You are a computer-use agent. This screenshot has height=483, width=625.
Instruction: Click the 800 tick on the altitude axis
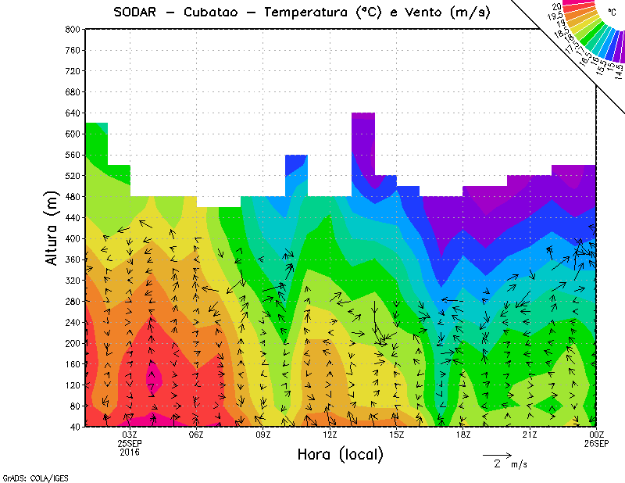click(72, 29)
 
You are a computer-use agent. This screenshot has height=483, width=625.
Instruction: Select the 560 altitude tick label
click(72, 155)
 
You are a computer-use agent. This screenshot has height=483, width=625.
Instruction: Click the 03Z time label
click(130, 435)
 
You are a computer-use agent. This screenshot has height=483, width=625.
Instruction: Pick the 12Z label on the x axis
click(330, 435)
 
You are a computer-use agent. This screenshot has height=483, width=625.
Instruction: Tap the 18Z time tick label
click(463, 435)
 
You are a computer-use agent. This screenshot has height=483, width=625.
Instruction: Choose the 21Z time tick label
click(530, 435)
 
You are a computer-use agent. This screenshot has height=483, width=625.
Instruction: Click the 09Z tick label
click(263, 435)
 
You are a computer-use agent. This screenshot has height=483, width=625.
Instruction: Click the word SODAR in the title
click(134, 13)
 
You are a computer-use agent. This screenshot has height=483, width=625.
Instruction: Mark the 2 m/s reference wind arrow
click(497, 454)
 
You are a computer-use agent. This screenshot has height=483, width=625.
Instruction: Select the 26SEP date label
click(597, 443)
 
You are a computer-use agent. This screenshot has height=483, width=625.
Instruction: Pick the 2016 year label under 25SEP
click(130, 452)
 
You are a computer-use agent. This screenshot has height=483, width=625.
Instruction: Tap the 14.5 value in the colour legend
click(618, 70)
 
